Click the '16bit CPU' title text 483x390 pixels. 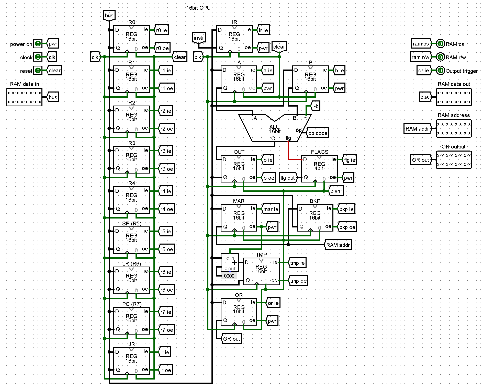point(198,8)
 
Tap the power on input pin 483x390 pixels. point(38,44)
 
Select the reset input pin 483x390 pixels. point(38,70)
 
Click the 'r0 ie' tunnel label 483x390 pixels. point(162,30)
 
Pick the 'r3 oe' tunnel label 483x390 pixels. point(167,169)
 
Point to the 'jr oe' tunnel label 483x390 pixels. point(166,370)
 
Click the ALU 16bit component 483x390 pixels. point(275,129)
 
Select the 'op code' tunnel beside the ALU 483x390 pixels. point(318,133)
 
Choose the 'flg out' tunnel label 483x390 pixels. point(288,178)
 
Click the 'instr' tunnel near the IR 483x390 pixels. point(199,38)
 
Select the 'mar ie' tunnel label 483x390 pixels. point(271,209)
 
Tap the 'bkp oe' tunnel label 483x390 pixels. point(347,227)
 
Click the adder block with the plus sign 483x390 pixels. point(230,263)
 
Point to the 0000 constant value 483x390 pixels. point(229,276)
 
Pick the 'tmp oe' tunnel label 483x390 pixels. point(298,281)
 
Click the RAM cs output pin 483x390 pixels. point(440,44)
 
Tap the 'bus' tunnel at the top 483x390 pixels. point(109,16)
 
